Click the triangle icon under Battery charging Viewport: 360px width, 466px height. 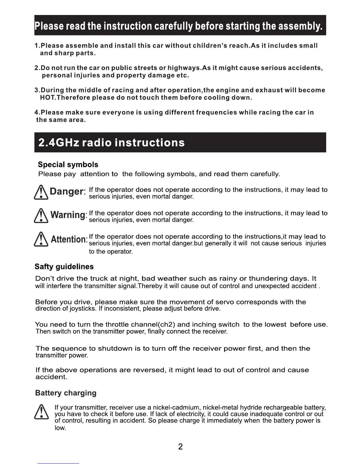coord(41,412)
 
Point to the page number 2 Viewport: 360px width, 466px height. coord(180,447)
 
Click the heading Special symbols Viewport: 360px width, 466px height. coord(68,164)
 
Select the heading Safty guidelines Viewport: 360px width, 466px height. coord(64,267)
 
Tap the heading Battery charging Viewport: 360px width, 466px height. coord(66,393)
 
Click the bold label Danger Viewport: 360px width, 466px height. coord(67,192)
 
